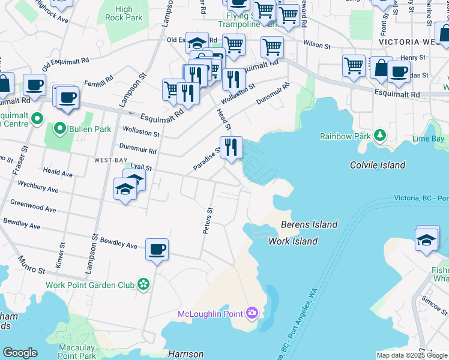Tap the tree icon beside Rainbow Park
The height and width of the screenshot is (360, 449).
379,136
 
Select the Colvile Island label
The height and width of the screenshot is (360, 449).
378,165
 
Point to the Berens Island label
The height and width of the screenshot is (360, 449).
309,224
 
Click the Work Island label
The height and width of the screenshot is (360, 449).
292,241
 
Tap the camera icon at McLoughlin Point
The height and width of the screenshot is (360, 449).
252,313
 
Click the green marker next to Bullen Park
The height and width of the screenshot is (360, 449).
59,128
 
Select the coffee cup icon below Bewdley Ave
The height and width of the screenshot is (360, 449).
157,249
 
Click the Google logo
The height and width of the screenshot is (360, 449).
20,353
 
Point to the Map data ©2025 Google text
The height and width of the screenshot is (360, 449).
411,355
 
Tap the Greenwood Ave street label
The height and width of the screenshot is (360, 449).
34,206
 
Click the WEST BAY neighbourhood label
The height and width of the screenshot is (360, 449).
110,161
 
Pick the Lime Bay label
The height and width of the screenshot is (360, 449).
428,139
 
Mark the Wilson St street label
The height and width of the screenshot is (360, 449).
317,45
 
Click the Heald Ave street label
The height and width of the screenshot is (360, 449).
58,173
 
